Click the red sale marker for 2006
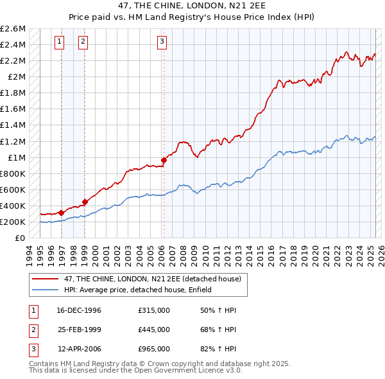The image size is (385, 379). coord(164,160)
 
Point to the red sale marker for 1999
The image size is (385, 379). coord(85,202)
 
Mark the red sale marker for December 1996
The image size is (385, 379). coord(61,213)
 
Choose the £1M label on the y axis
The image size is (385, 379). coord(16,157)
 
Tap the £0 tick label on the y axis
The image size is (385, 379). coord(21,238)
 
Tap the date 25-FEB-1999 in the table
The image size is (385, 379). coord(80,330)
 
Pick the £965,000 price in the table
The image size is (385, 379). coord(154,349)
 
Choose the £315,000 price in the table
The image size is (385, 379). coord(154,310)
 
